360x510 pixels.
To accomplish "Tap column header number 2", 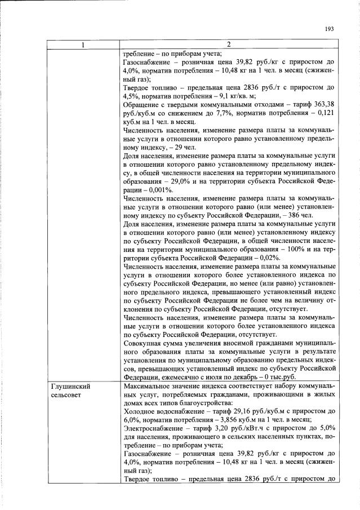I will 229,45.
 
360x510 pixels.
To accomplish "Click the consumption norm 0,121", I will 326,113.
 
